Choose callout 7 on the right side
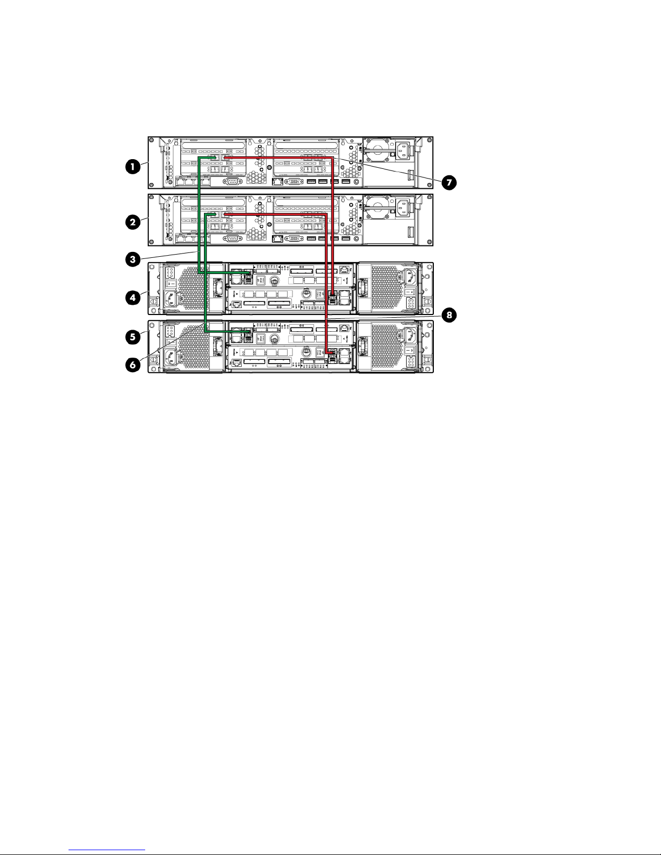point(448,182)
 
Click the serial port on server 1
point(232,182)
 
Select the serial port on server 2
point(232,238)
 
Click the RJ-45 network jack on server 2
point(278,238)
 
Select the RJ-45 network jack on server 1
point(278,182)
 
